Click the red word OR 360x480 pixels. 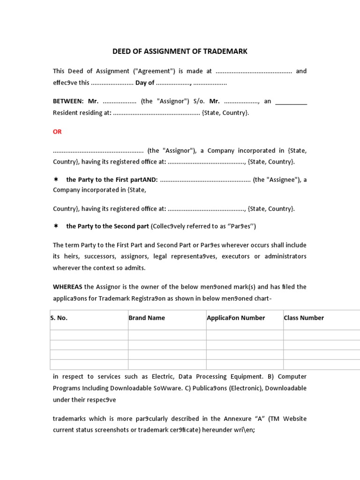[x=57, y=132]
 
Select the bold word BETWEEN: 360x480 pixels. [x=68, y=101]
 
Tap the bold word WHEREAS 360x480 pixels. [x=67, y=286]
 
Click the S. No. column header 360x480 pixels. [x=59, y=318]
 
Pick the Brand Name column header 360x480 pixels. [x=147, y=318]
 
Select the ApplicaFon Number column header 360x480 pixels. [x=236, y=318]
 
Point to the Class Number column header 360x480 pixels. [x=304, y=318]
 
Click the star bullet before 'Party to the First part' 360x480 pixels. [x=56, y=180]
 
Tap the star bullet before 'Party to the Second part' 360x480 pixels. [x=56, y=226]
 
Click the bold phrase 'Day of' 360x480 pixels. [x=145, y=83]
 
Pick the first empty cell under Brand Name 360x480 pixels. [x=167, y=335]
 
